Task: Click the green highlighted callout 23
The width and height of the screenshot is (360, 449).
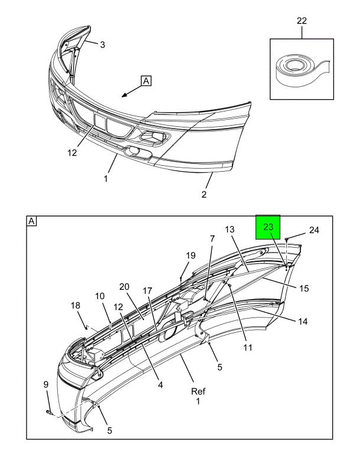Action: pyautogui.click(x=268, y=227)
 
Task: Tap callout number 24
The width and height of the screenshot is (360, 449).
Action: pyautogui.click(x=313, y=230)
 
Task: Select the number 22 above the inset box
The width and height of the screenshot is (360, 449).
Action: pyautogui.click(x=302, y=22)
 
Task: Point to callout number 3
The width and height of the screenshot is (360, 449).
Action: pyautogui.click(x=102, y=44)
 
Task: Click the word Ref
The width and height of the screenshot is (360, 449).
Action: pyautogui.click(x=198, y=391)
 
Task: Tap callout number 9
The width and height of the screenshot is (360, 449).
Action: pyautogui.click(x=45, y=385)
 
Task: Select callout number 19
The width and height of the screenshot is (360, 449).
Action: pyautogui.click(x=190, y=255)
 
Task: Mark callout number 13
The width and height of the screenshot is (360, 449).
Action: pyautogui.click(x=230, y=230)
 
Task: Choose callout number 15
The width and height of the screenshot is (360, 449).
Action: pyautogui.click(x=305, y=289)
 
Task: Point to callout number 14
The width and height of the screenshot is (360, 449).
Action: pyautogui.click(x=303, y=322)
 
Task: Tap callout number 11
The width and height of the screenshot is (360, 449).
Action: pyautogui.click(x=247, y=348)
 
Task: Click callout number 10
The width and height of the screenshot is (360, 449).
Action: pyautogui.click(x=100, y=296)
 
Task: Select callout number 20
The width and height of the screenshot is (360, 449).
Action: pyautogui.click(x=124, y=287)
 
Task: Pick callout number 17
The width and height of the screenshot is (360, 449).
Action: pyautogui.click(x=148, y=290)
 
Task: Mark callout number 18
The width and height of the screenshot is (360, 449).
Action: pyautogui.click(x=76, y=305)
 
